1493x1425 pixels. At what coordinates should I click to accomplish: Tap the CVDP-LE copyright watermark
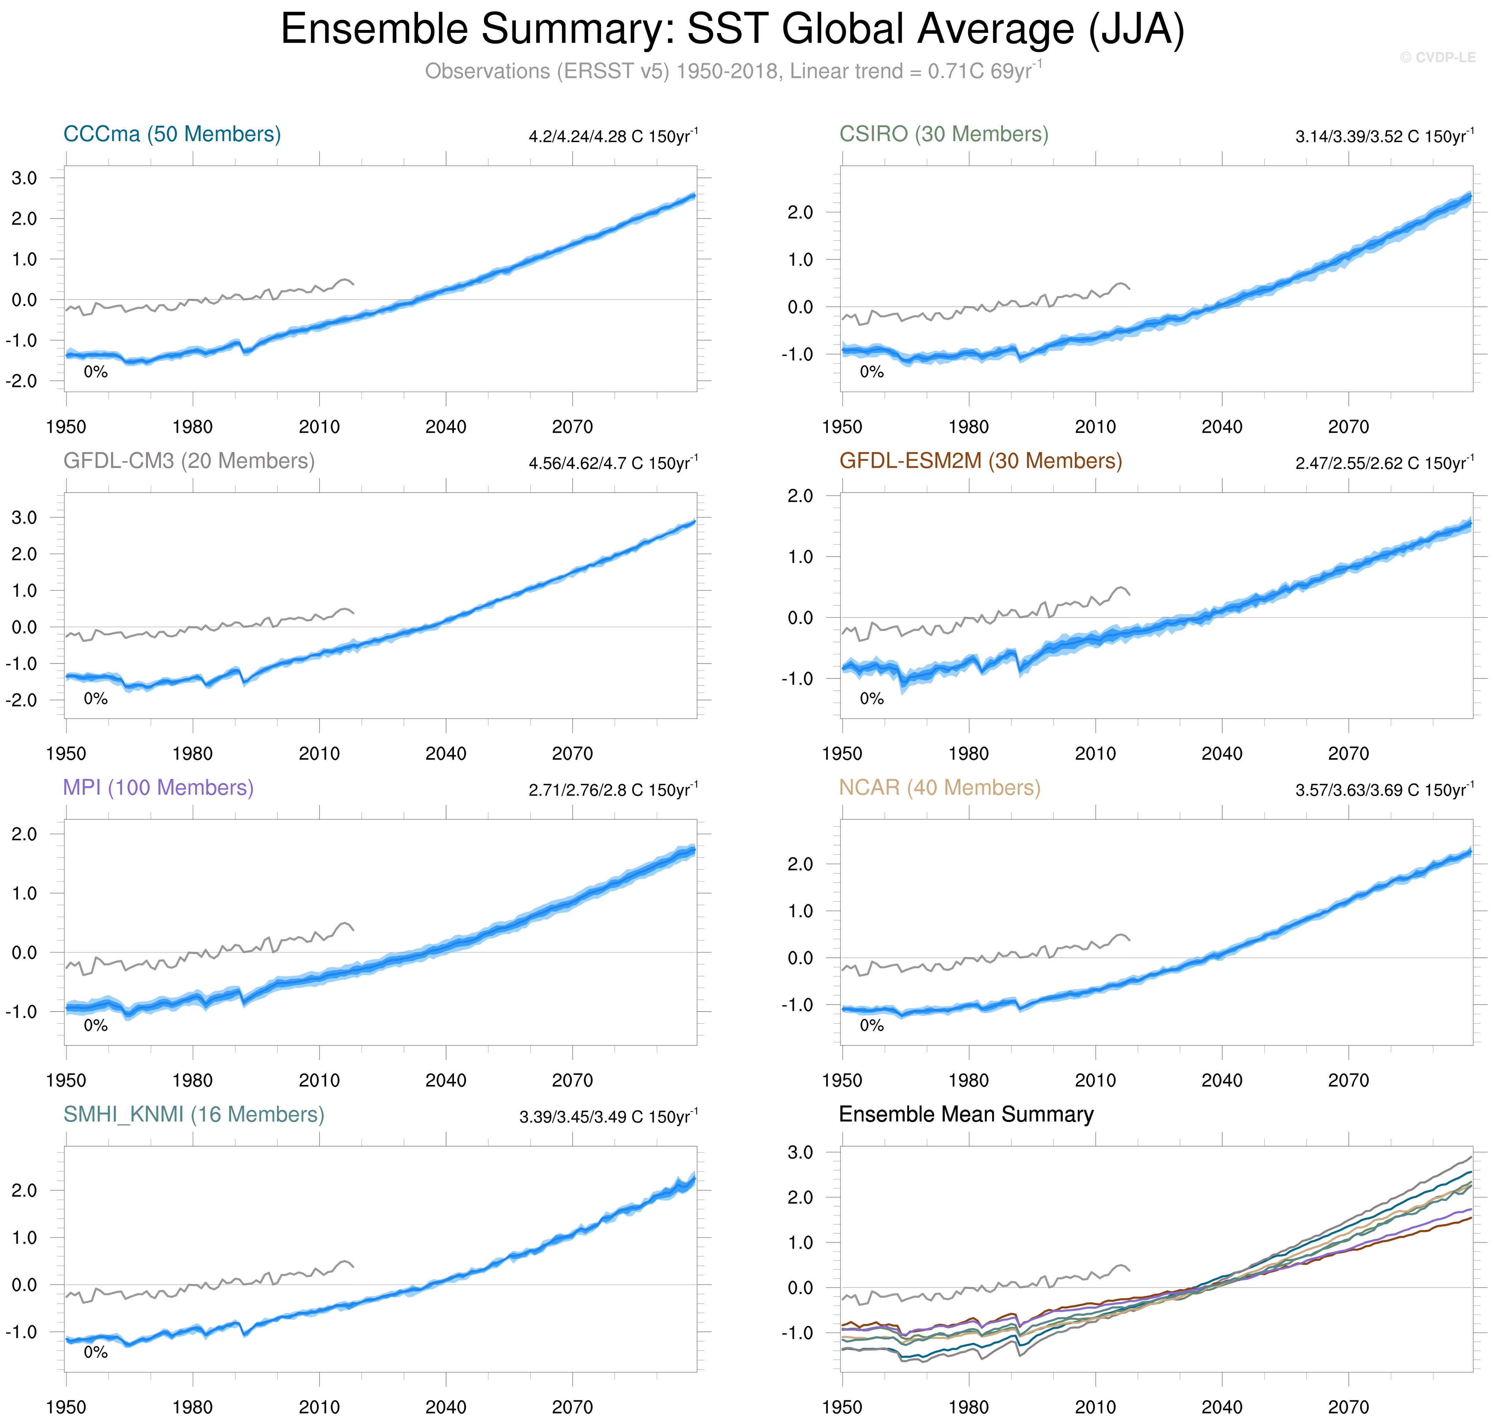pyautogui.click(x=1437, y=58)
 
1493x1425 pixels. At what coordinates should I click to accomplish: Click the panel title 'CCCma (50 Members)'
pyautogui.click(x=172, y=135)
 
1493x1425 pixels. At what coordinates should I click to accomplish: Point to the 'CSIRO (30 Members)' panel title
pyautogui.click(x=943, y=135)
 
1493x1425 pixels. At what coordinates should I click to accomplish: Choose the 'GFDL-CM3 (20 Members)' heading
pyautogui.click(x=188, y=461)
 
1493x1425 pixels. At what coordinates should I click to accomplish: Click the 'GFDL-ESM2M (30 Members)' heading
pyautogui.click(x=980, y=461)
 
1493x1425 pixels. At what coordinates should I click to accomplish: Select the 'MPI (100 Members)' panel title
pyautogui.click(x=158, y=788)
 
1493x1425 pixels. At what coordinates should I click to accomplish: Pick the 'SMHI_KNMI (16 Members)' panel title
pyautogui.click(x=194, y=1114)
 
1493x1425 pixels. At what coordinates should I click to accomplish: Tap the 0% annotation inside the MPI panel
pyautogui.click(x=96, y=1025)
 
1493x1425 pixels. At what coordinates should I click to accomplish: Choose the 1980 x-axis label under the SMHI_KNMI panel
pyautogui.click(x=192, y=1407)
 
